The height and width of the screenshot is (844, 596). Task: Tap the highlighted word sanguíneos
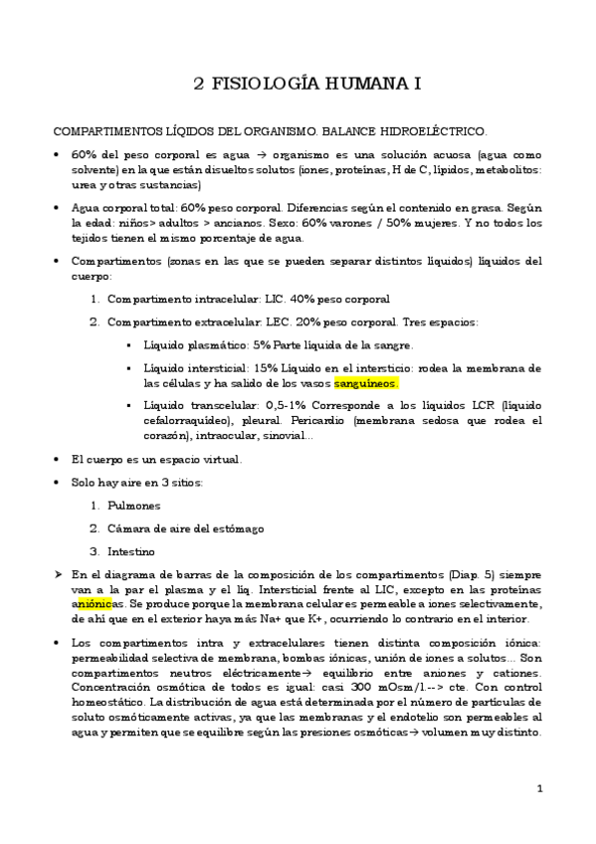tap(366, 382)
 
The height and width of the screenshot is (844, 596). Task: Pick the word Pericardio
tap(340, 421)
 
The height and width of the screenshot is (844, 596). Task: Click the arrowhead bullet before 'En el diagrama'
tap(58, 574)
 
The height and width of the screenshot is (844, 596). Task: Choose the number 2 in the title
tap(199, 85)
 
